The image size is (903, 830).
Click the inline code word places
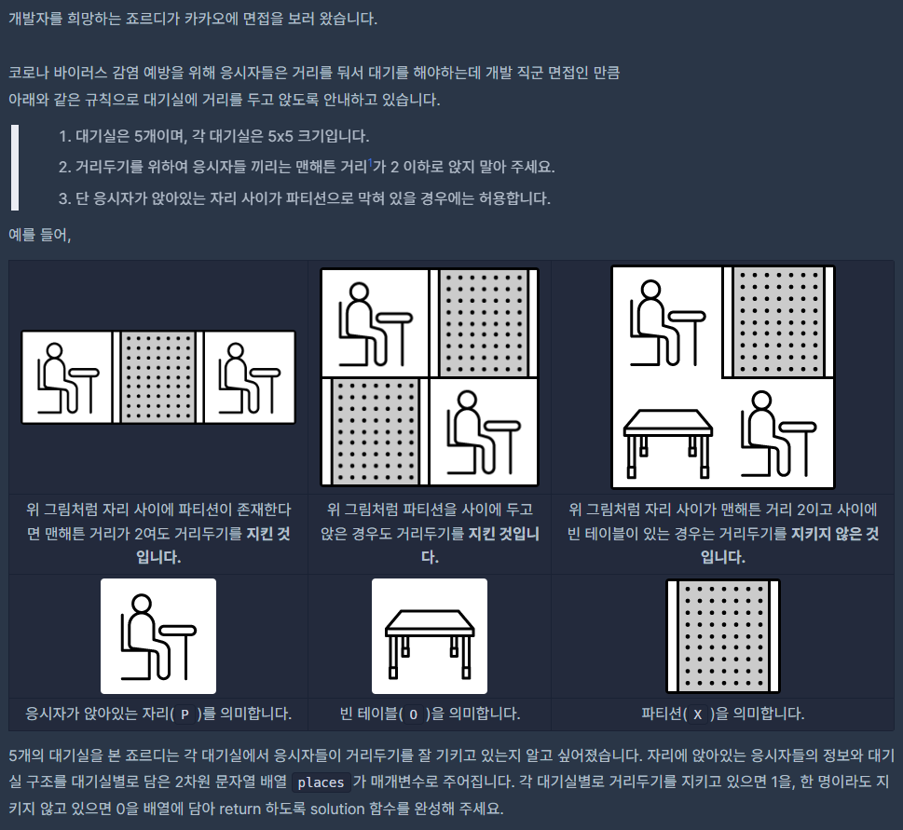click(x=321, y=782)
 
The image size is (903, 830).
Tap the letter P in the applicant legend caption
click(x=185, y=714)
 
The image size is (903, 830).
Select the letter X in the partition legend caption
click(x=698, y=714)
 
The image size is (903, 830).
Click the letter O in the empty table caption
click(x=413, y=714)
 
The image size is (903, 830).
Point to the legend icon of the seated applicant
click(x=158, y=636)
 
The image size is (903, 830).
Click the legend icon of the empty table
click(x=430, y=636)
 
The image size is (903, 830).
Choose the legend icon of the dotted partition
click(x=723, y=636)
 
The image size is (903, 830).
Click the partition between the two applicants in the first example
click(x=158, y=377)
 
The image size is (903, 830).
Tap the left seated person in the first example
click(x=67, y=377)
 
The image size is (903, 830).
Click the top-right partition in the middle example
click(x=484, y=322)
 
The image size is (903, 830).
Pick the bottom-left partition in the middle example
click(x=376, y=431)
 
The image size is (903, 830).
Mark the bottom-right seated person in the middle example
click(x=484, y=431)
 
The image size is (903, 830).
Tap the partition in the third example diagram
click(x=778, y=321)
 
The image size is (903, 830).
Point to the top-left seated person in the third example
click(x=668, y=322)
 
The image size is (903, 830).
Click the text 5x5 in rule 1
click(x=280, y=136)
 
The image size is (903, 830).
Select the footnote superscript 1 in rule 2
click(x=370, y=163)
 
